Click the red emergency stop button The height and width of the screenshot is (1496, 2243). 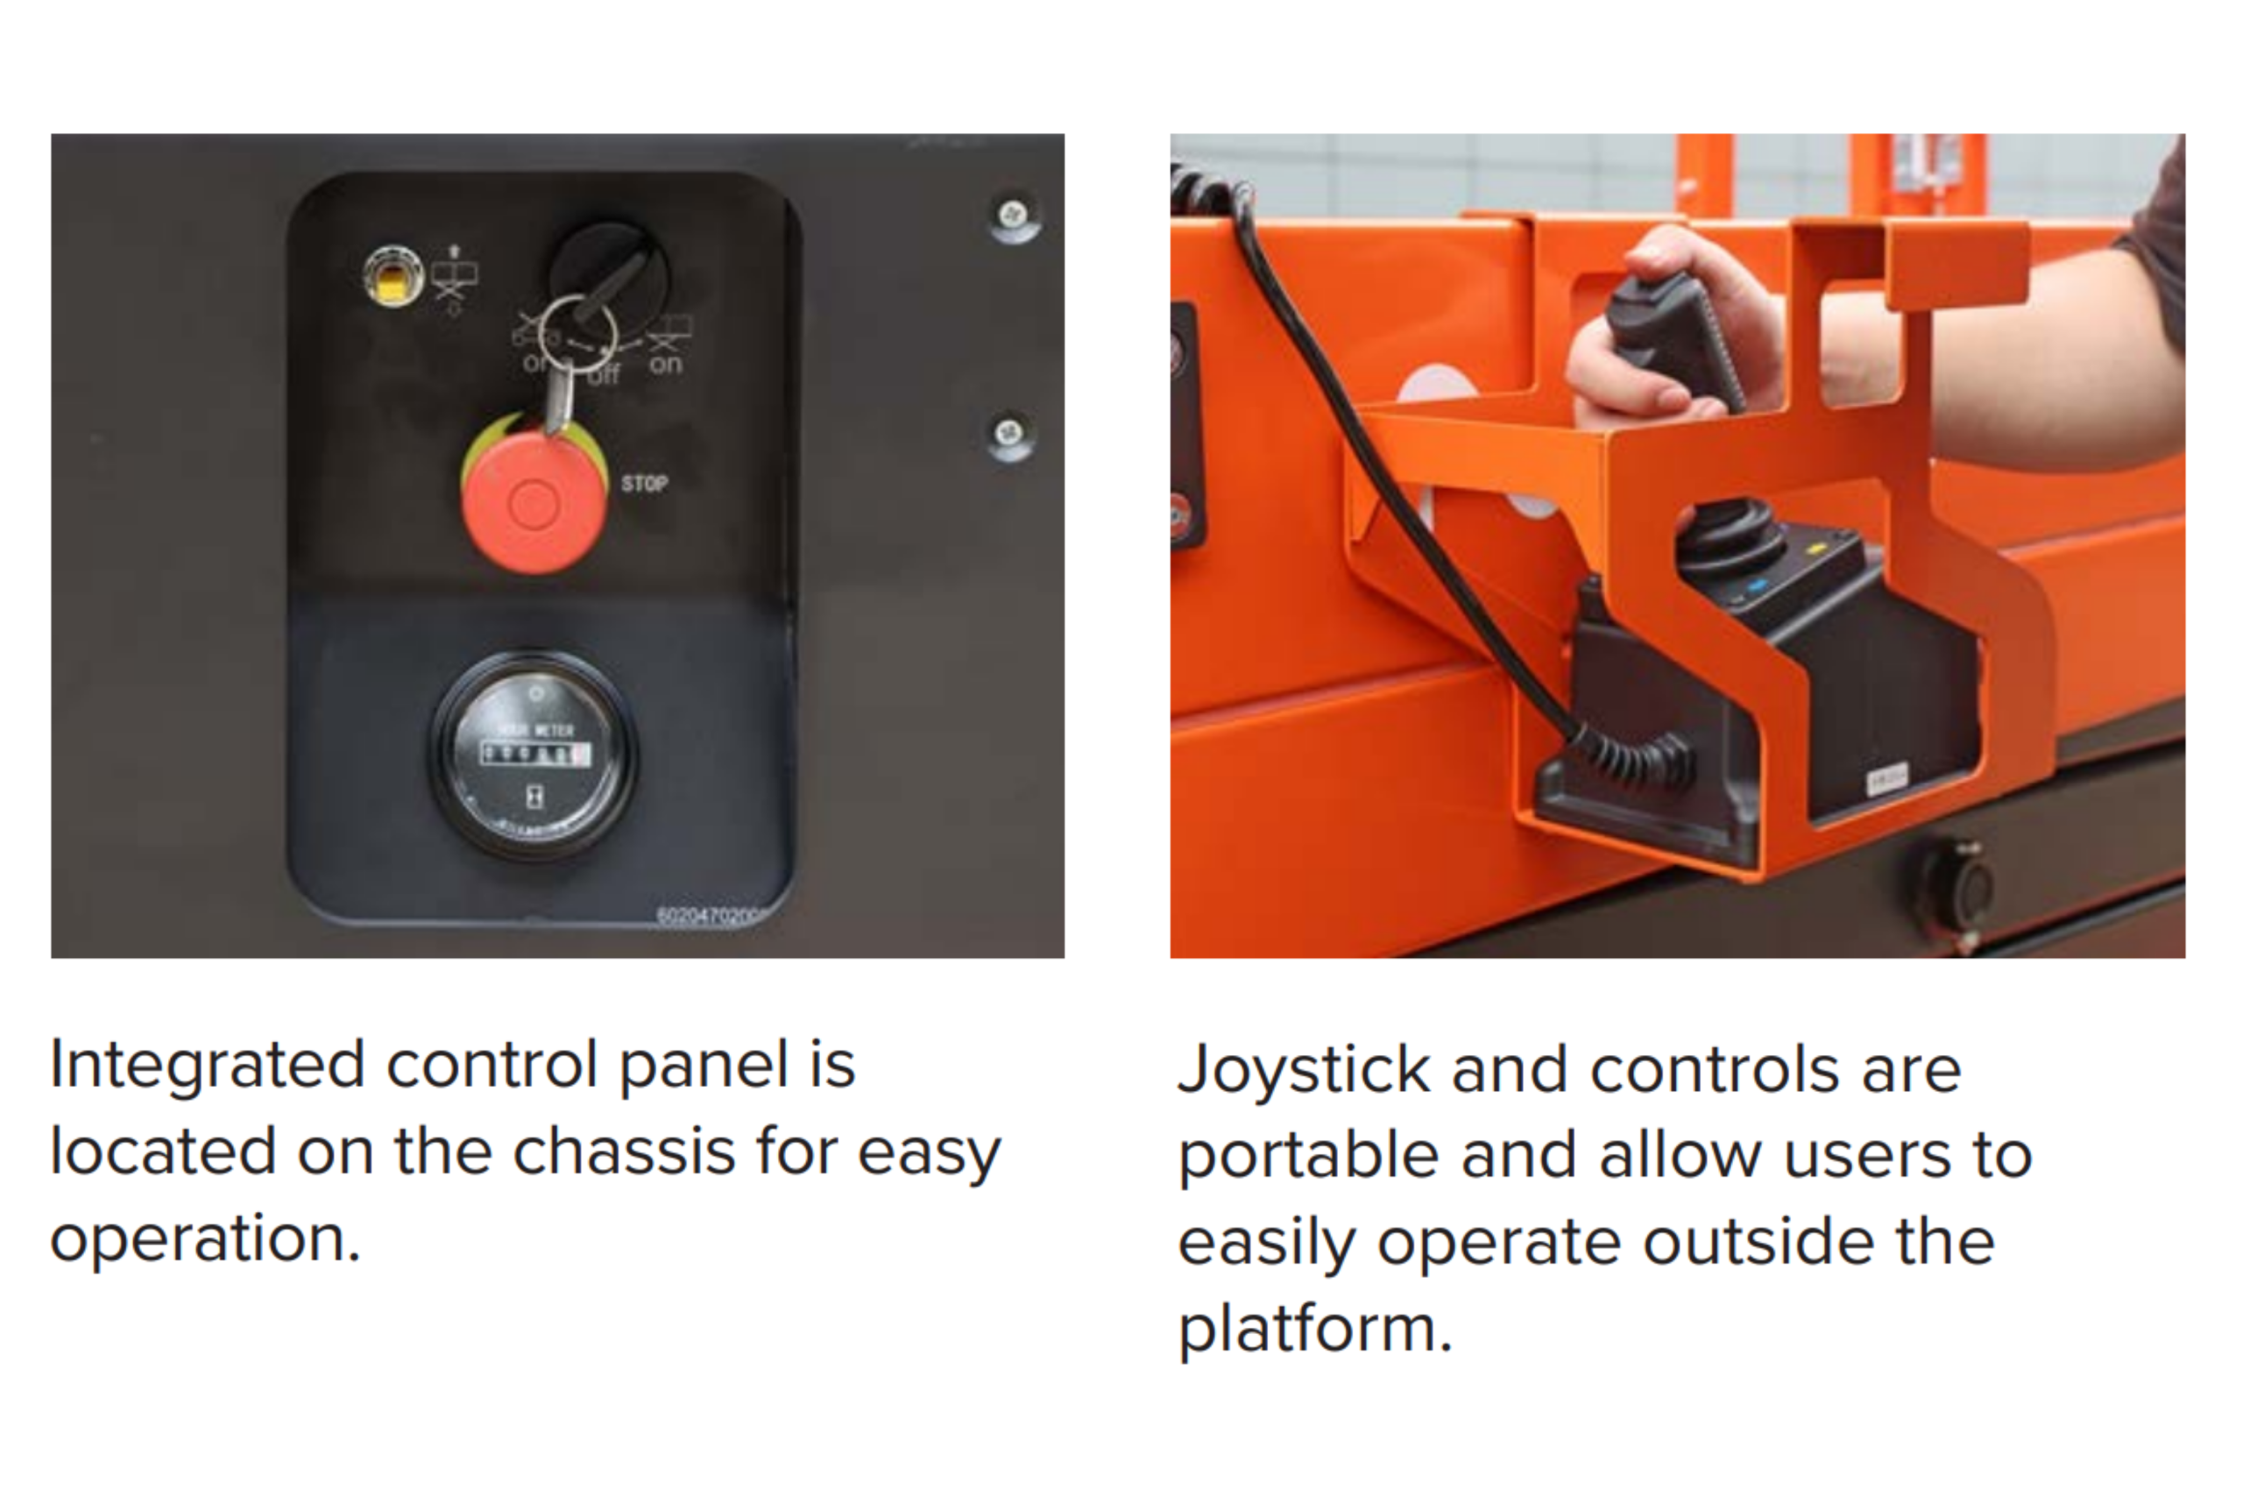(534, 503)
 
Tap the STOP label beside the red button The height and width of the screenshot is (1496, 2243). (645, 484)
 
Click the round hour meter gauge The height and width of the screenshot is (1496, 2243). (534, 755)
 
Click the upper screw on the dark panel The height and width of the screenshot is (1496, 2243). (1014, 216)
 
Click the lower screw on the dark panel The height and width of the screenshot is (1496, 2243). (1009, 434)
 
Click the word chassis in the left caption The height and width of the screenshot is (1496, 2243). (624, 1152)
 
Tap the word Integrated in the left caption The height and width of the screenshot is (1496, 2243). (207, 1065)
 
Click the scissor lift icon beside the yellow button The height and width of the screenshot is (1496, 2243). (454, 278)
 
